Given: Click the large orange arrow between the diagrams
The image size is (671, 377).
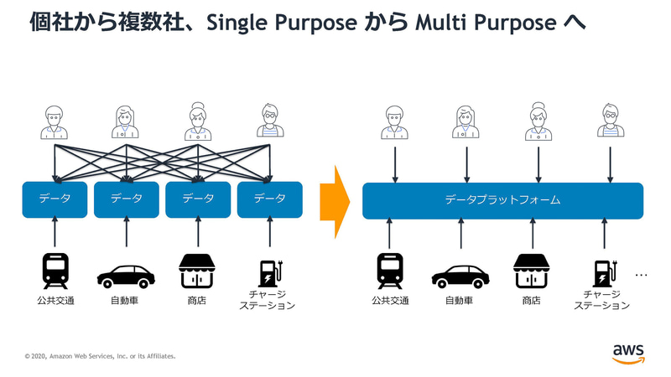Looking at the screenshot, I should coord(336,200).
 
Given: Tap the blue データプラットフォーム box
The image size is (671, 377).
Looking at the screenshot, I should coord(502,200).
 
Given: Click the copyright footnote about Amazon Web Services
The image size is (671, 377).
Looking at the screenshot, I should coord(101,356).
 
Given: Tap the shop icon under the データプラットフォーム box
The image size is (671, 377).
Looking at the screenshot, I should coord(531,271).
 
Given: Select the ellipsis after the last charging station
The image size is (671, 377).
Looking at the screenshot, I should coord(642,275).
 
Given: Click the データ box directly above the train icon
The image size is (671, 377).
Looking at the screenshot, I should coord(55,199).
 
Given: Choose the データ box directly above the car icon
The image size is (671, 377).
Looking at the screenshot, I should coord(127,199).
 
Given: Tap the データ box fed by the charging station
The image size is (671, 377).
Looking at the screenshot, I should coord(269,199).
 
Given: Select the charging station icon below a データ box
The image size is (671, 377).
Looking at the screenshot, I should coord(269,272).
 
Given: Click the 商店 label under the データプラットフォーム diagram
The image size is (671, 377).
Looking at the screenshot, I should coord(531,300).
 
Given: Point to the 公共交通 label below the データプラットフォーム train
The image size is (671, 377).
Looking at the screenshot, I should coord(390,300).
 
